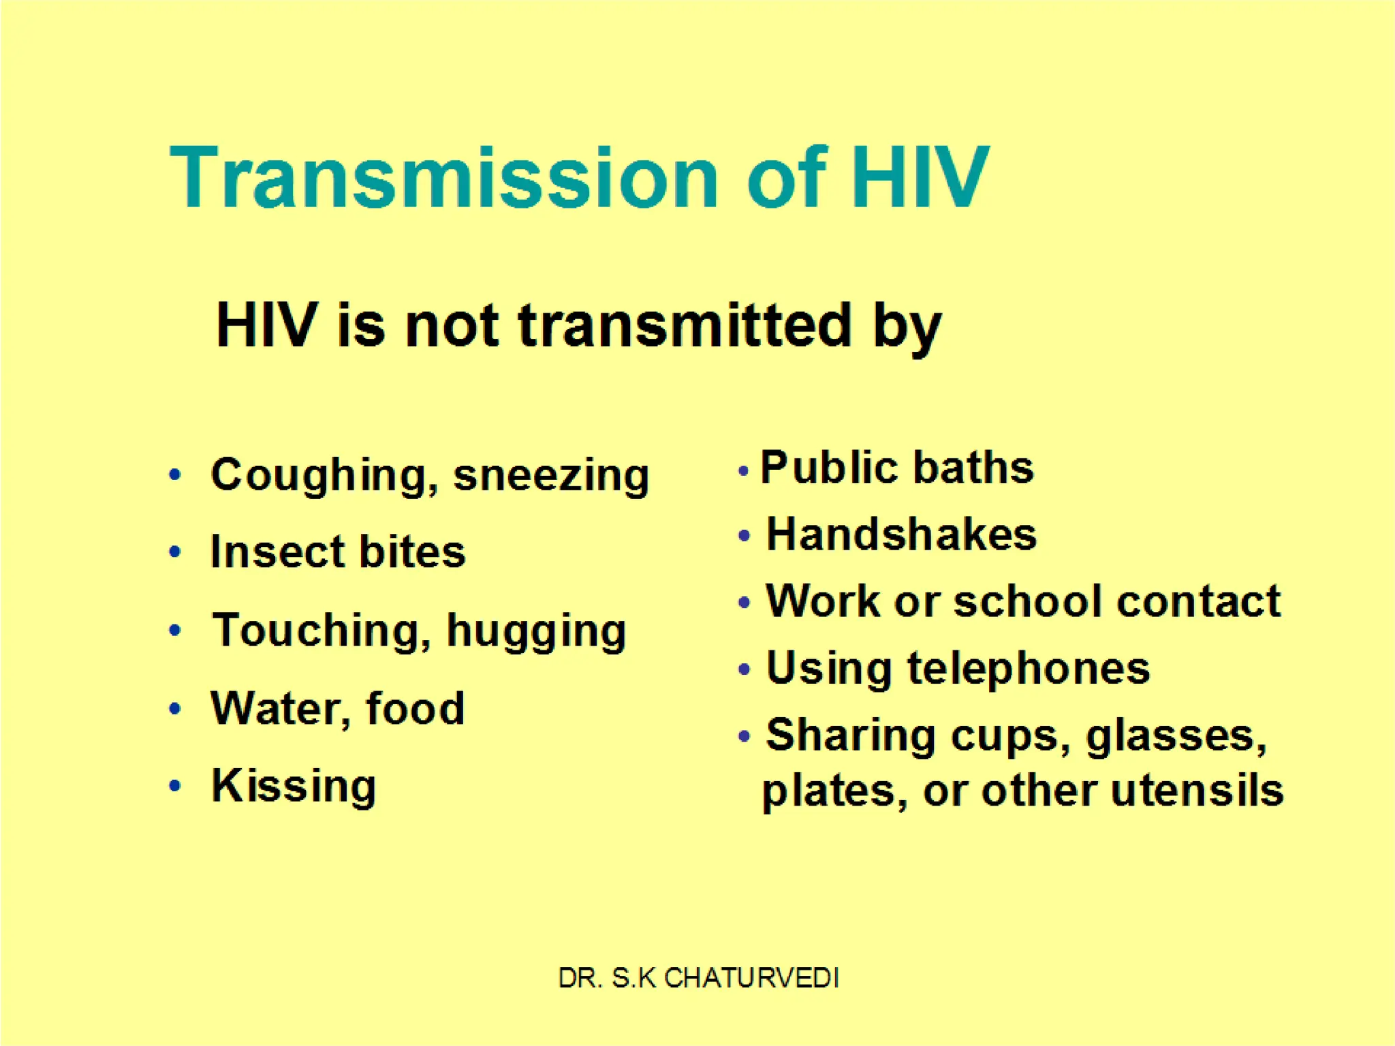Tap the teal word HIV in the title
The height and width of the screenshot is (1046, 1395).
tap(920, 178)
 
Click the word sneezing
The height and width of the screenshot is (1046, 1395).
tap(551, 475)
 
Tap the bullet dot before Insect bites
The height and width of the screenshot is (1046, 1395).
tap(175, 552)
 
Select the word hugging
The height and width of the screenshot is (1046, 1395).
tap(536, 631)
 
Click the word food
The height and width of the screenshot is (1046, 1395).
tap(415, 708)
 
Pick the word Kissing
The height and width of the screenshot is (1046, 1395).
tap(294, 787)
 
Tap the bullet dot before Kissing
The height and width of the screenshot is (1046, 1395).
tap(175, 787)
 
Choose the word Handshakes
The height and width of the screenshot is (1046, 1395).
tap(901, 535)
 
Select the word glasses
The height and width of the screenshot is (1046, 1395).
tap(1176, 736)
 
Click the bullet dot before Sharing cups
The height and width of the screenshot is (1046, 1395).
tap(744, 736)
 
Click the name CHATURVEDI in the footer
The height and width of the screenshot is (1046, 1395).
tap(751, 978)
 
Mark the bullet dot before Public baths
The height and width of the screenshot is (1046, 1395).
tap(743, 471)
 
